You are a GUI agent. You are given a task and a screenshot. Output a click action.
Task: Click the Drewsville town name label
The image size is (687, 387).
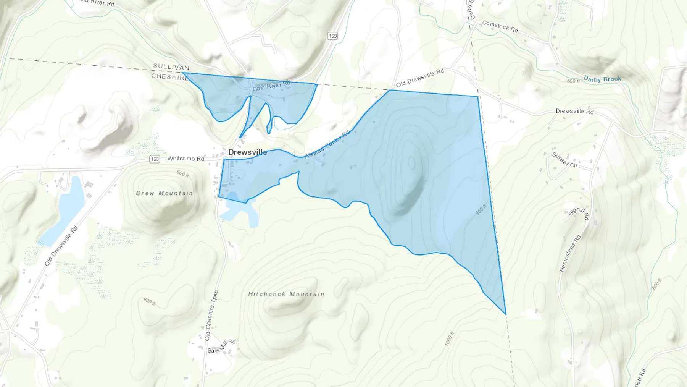[247, 152]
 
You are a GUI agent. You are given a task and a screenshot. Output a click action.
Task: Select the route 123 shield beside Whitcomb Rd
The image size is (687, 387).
[155, 159]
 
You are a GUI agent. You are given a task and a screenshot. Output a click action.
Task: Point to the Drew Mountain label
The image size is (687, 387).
[164, 193]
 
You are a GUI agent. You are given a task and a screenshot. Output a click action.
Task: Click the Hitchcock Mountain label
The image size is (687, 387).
[286, 294]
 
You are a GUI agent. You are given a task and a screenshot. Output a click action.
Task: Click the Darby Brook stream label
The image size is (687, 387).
[602, 79]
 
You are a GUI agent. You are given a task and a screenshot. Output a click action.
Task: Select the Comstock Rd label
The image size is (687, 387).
[500, 26]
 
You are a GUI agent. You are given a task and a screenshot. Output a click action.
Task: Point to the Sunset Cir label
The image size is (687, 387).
[564, 160]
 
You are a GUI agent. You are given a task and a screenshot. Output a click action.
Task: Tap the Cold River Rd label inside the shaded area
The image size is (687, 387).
[271, 86]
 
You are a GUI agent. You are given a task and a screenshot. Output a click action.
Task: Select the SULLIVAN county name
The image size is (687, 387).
[171, 67]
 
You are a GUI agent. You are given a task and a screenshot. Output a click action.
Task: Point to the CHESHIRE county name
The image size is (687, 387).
[170, 76]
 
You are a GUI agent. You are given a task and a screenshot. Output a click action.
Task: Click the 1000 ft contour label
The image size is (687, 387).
[450, 339]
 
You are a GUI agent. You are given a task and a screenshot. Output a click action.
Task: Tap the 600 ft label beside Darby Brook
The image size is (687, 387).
[573, 81]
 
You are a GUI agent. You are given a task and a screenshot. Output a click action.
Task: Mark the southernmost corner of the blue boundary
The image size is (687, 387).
[506, 314]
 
